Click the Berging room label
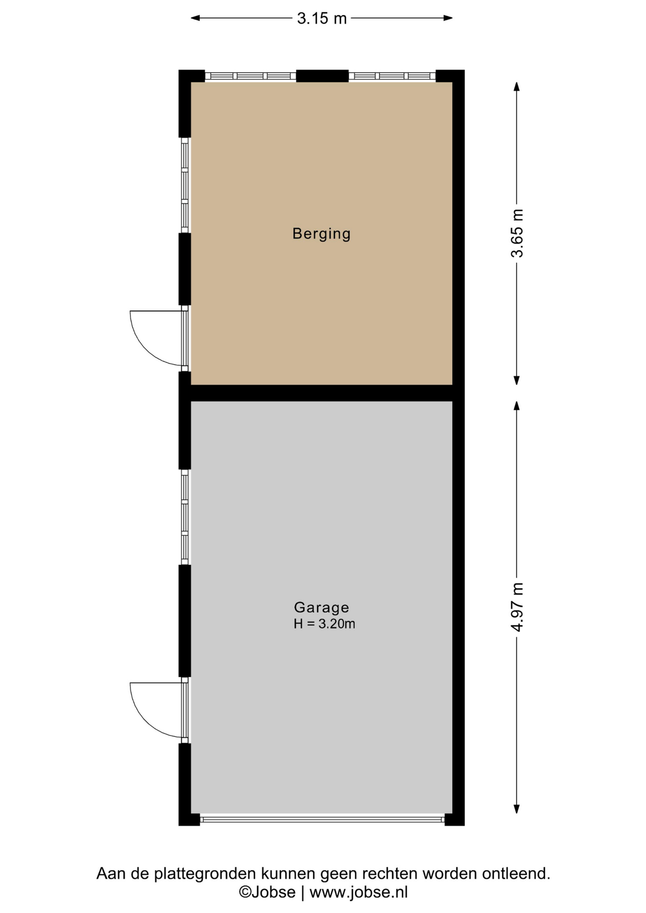322,234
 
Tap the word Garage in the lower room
322,608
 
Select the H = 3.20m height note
324,624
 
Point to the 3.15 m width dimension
322,19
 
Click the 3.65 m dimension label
517,233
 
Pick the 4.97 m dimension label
517,607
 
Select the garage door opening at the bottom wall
322,819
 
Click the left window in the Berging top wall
251,76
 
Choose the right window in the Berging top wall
392,76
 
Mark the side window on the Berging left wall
185,185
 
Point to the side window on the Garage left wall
185,517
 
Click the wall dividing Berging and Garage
322,393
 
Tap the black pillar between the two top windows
323,76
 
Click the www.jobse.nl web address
359,892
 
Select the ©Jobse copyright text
267,892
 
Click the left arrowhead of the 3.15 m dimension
195,19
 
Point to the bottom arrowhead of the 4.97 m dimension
517,809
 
